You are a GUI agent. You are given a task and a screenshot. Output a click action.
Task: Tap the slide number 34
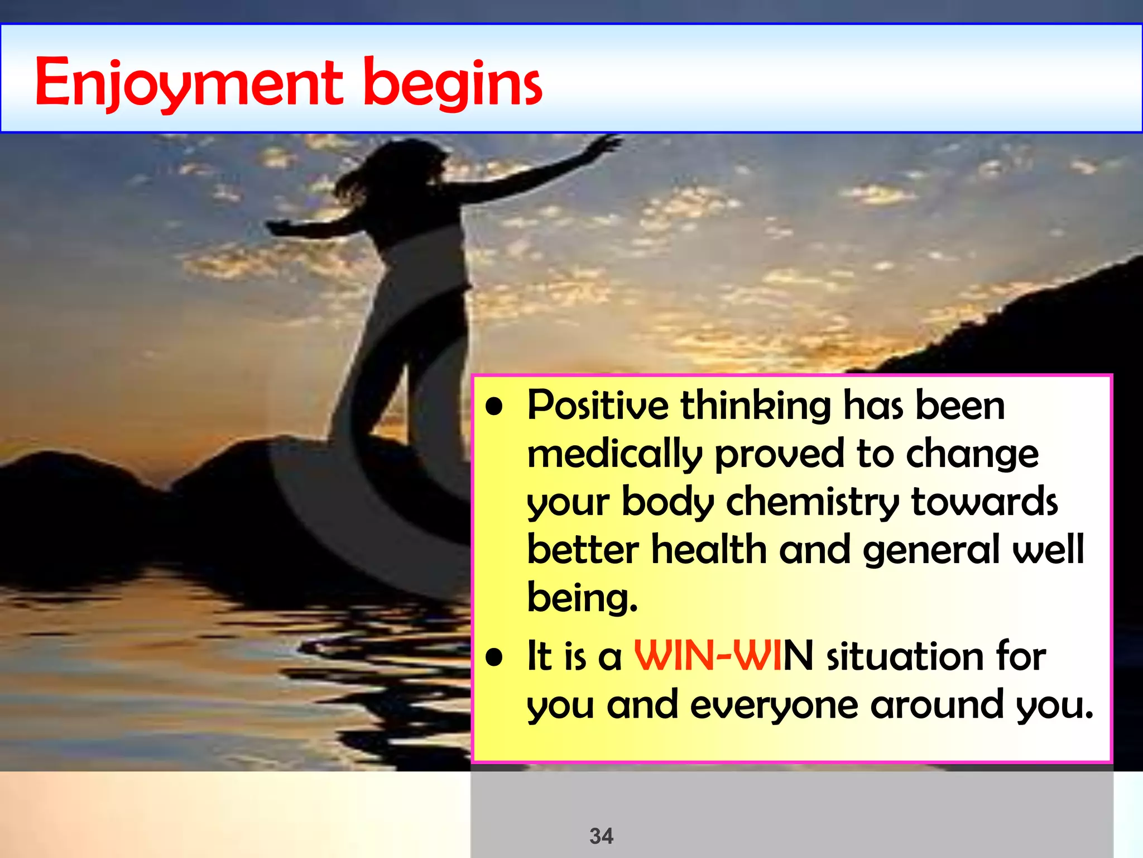pos(601,836)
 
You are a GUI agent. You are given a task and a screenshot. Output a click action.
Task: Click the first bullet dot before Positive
pos(494,407)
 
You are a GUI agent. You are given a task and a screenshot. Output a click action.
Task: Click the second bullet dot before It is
pos(494,657)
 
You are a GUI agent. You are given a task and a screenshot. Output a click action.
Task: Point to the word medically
pos(614,454)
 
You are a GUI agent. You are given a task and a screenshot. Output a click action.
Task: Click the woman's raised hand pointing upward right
pos(606,144)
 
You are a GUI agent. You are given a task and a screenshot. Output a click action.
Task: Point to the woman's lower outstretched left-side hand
pos(279,227)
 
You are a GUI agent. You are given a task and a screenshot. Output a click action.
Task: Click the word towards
pos(984,501)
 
